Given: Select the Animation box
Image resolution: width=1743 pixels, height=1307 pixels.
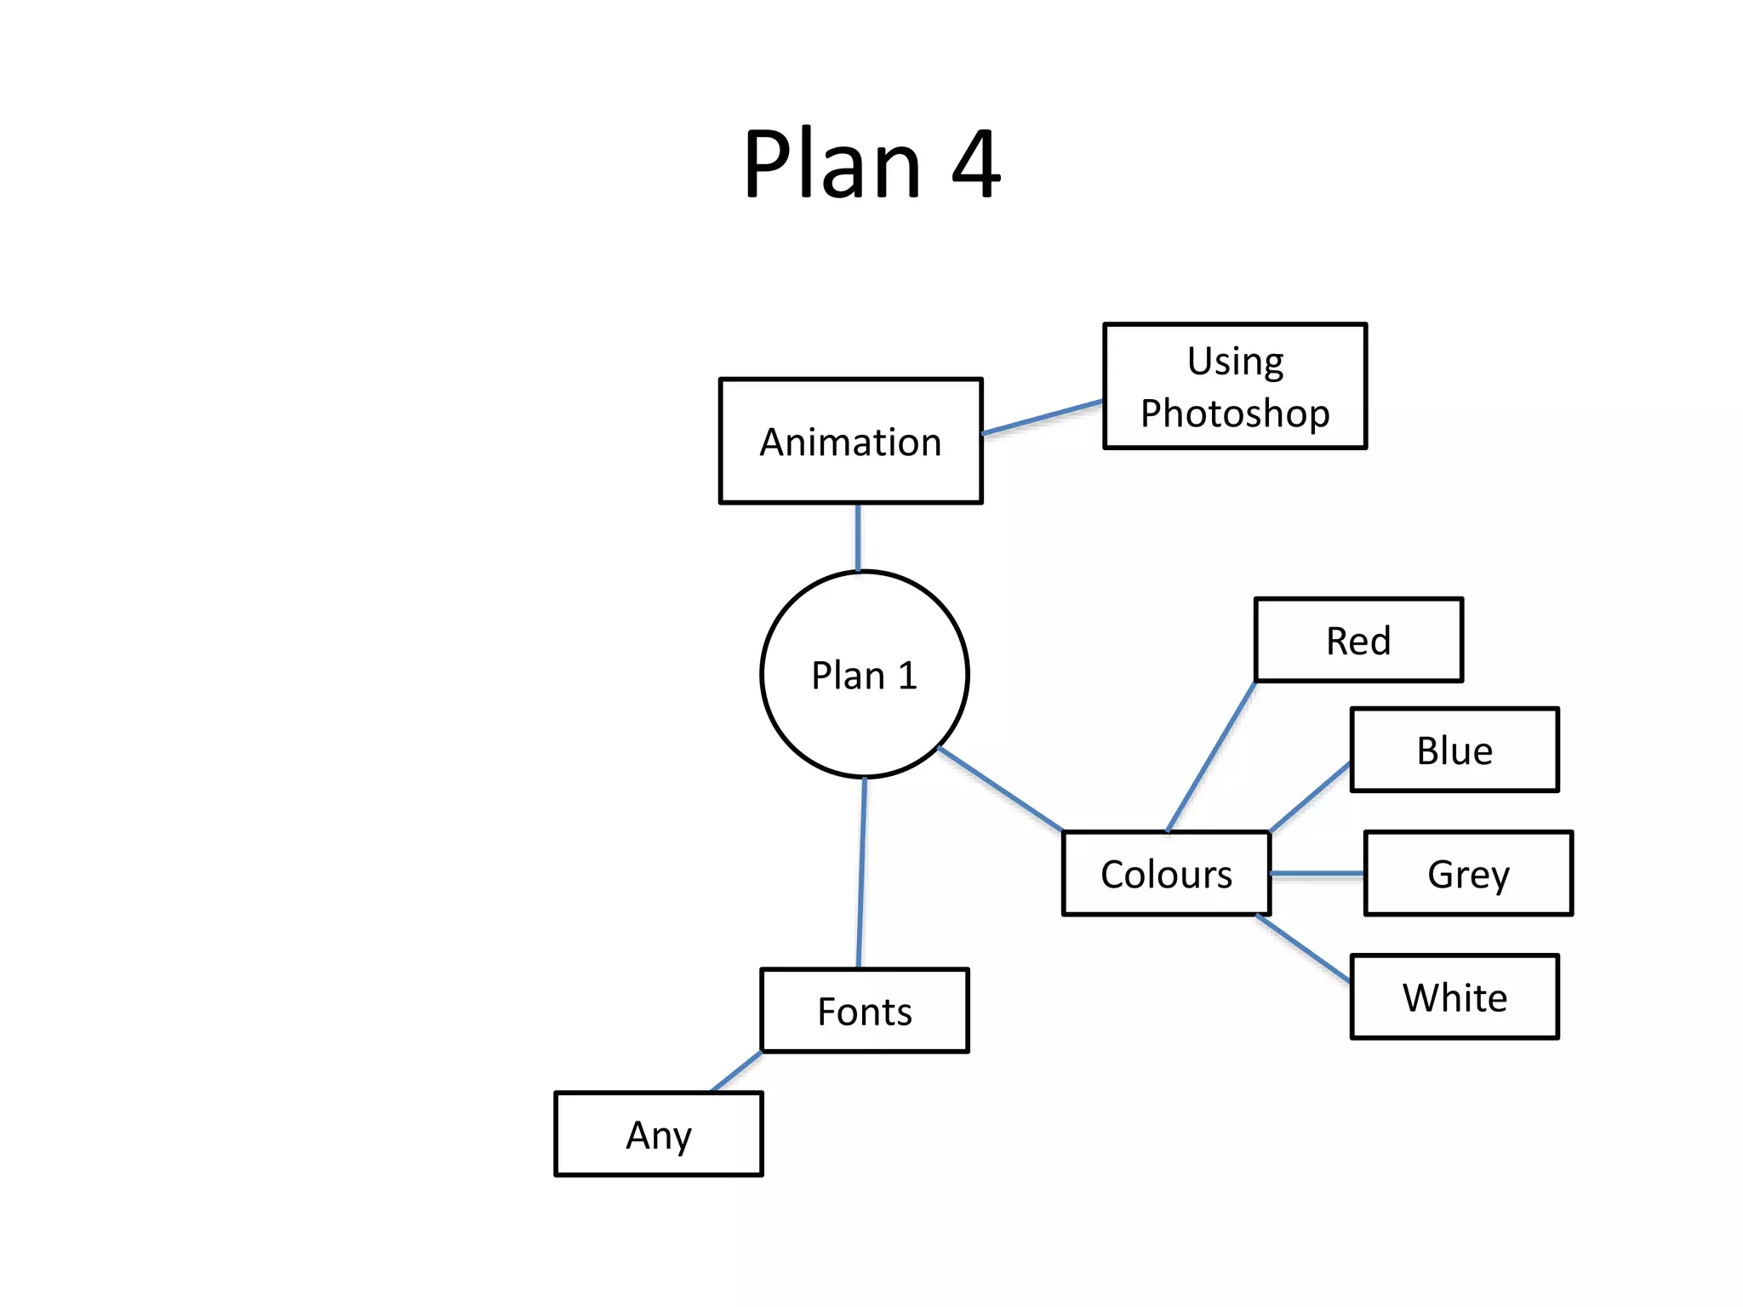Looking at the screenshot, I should [x=850, y=442].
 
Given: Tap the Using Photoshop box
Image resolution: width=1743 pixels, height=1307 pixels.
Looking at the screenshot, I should [x=1234, y=386].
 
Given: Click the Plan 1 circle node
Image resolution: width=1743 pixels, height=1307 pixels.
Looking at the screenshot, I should [x=864, y=675].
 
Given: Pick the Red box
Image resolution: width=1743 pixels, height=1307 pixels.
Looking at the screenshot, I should [x=1358, y=641].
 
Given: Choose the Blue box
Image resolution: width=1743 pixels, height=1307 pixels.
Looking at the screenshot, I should [x=1454, y=751].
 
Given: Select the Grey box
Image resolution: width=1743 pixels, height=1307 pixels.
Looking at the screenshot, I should [x=1467, y=874].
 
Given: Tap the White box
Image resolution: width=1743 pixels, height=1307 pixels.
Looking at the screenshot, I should [x=1454, y=997].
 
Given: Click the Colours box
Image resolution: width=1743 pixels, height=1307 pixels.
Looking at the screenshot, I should [x=1166, y=874].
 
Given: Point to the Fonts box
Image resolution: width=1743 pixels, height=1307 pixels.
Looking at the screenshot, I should [x=864, y=1011].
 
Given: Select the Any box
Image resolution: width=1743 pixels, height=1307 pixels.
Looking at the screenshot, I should [x=658, y=1134].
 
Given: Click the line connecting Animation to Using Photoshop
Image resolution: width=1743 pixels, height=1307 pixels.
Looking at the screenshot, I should [x=1043, y=417].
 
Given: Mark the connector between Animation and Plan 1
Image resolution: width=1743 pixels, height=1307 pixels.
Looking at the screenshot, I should [x=858, y=537].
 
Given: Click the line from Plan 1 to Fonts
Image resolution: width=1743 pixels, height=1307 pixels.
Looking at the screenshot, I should [x=861, y=873].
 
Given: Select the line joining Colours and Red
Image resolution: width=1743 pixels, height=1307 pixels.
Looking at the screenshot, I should [x=1211, y=756].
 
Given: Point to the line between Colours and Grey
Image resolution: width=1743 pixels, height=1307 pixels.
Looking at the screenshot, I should [x=1317, y=874].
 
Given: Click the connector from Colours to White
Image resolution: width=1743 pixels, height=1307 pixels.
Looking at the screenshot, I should [x=1304, y=949].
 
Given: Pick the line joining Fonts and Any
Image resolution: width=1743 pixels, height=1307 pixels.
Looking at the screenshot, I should [x=736, y=1072].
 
